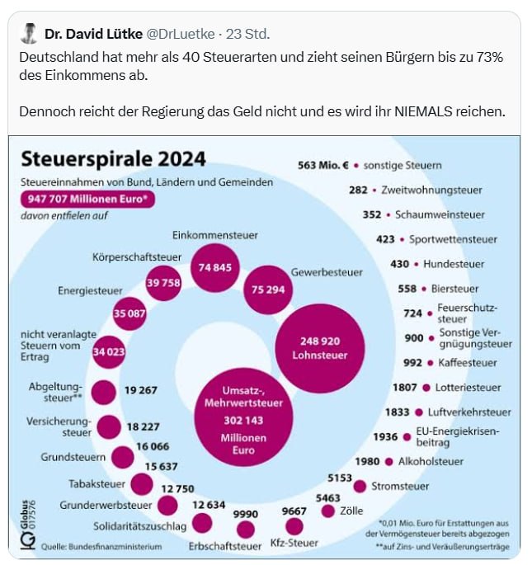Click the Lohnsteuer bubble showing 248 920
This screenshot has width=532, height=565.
coord(320,348)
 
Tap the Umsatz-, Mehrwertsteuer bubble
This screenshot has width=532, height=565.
coord(243,417)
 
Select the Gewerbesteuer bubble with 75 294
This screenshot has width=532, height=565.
coord(268,290)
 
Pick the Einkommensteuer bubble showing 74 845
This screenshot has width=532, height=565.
coord(214,268)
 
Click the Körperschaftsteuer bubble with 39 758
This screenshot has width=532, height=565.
coord(163,283)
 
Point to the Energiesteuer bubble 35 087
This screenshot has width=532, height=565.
coord(129,313)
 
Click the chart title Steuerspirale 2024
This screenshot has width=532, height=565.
coord(113,159)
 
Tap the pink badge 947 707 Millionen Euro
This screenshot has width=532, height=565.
coord(87,200)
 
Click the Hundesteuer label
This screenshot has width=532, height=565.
coord(454,264)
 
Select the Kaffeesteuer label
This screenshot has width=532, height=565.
coord(468,363)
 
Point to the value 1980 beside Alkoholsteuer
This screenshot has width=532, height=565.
coord(367,462)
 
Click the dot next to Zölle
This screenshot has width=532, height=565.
coord(328,511)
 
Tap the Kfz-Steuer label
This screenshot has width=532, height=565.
coord(294,543)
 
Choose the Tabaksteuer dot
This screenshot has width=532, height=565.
coord(142,484)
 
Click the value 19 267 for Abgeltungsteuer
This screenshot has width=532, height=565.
coord(140,390)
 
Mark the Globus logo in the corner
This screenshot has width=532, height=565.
coord(28,525)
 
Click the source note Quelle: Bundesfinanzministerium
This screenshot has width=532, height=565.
coord(101,547)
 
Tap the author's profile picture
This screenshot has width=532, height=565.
coord(29,34)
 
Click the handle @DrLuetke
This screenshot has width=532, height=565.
coord(180,34)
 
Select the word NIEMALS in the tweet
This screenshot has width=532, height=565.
coord(423,111)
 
